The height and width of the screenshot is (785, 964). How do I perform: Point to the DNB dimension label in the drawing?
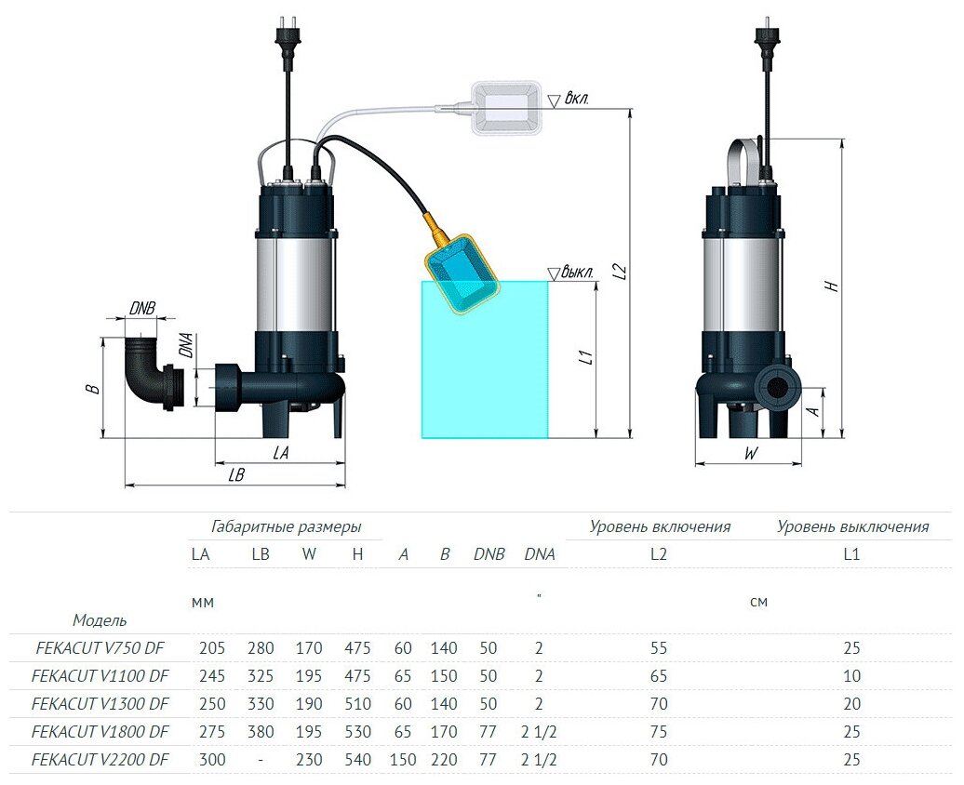coord(142,308)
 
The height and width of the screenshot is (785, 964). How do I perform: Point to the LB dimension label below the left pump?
coord(235,474)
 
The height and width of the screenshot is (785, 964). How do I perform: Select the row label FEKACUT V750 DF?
coord(100,648)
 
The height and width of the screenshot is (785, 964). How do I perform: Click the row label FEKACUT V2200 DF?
coord(100,760)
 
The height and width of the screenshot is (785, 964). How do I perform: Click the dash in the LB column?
coord(261,760)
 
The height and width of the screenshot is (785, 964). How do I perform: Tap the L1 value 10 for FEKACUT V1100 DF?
coord(851,676)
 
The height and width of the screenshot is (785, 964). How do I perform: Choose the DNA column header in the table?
coord(540,554)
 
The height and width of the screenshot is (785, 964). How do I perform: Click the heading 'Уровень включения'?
coord(660,526)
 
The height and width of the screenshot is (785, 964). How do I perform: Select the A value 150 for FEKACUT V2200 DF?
coord(403,760)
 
